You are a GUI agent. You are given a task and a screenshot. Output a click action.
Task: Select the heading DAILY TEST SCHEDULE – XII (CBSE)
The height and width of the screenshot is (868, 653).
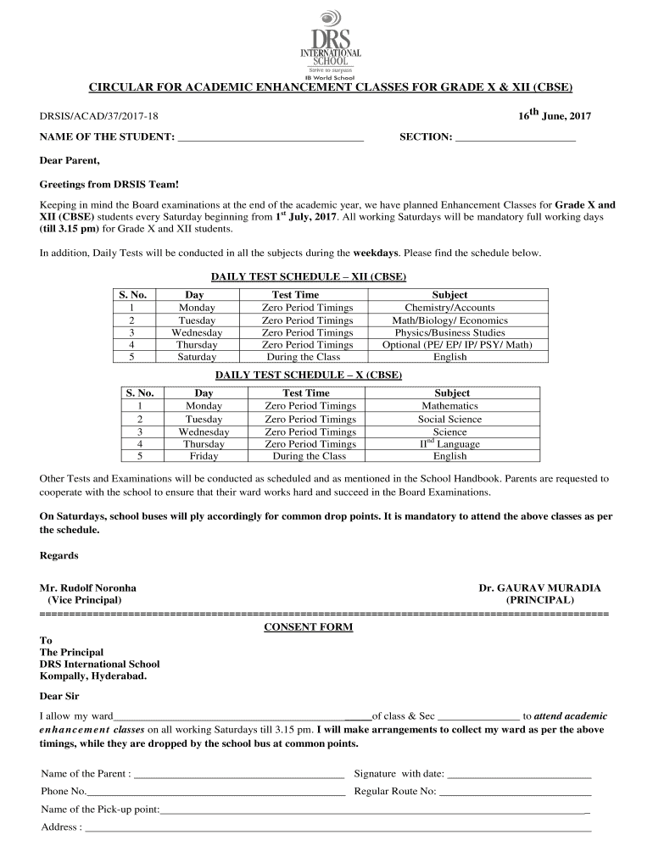click(x=308, y=277)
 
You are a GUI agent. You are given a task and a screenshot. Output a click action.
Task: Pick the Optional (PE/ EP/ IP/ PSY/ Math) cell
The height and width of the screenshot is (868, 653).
click(x=457, y=344)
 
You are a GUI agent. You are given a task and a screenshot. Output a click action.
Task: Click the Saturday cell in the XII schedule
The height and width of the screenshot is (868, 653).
click(x=197, y=357)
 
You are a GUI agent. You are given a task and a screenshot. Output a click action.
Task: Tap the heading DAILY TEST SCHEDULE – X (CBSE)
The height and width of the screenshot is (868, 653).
click(x=308, y=375)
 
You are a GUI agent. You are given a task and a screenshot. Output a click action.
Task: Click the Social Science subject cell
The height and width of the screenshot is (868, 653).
click(x=449, y=419)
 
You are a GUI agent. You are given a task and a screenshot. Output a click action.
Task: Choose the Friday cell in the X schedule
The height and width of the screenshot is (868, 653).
click(x=204, y=456)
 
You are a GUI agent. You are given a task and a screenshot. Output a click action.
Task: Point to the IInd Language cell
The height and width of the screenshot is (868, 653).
click(x=449, y=443)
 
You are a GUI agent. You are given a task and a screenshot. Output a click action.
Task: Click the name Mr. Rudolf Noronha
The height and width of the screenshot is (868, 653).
click(x=88, y=587)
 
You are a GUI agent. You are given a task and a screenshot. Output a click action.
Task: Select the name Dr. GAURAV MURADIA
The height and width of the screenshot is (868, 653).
click(x=539, y=587)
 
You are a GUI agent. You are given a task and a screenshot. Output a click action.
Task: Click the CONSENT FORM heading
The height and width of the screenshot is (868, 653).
click(x=308, y=627)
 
